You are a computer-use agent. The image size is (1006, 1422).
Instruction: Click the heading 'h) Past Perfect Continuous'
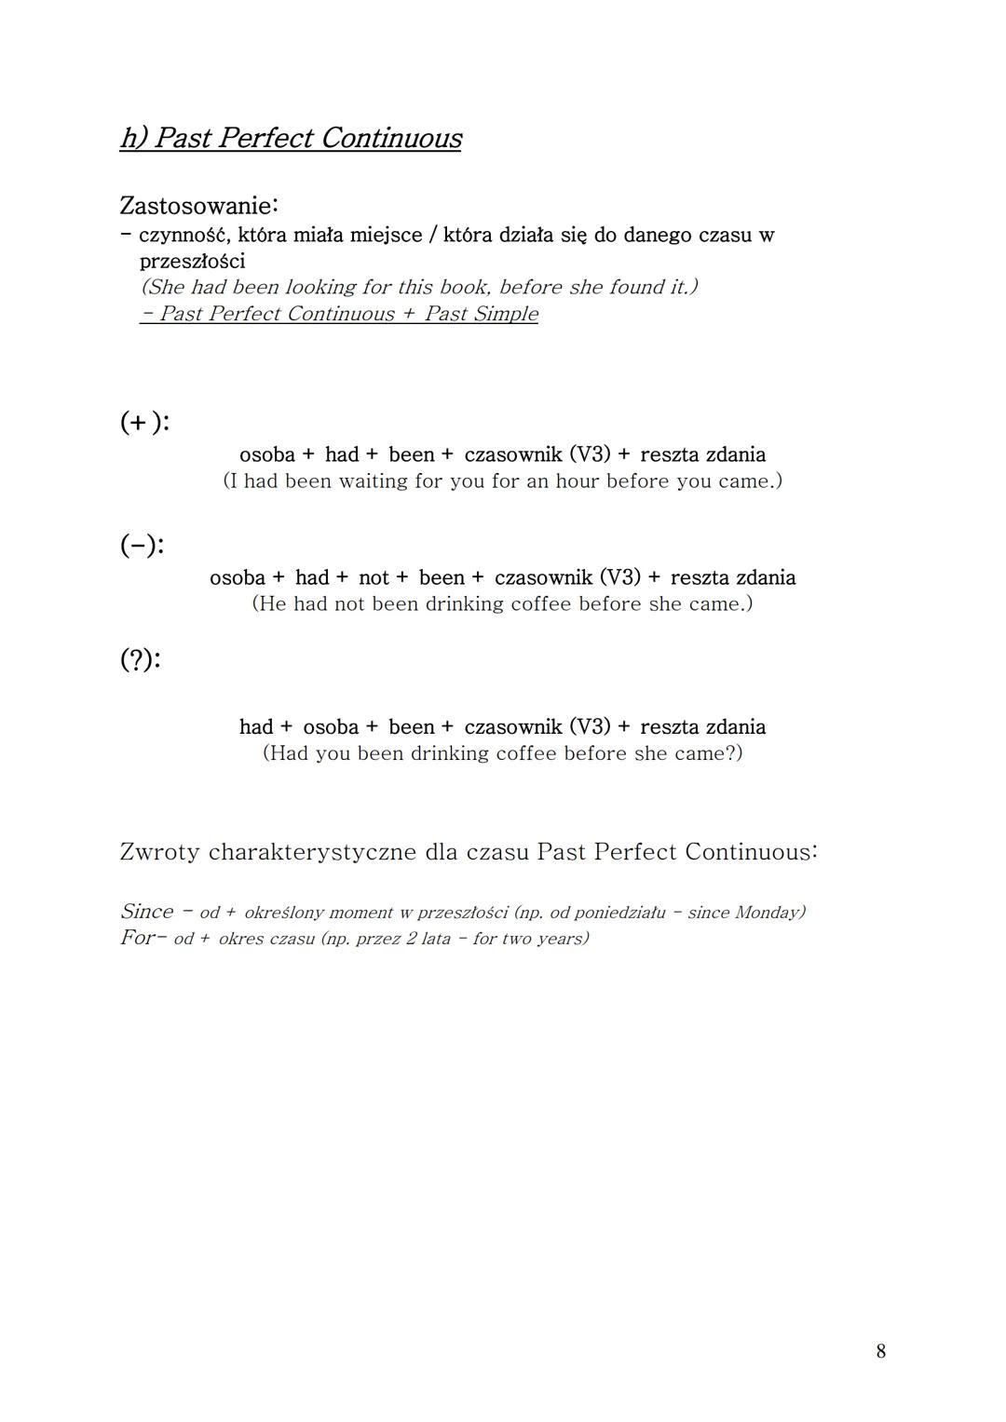click(x=291, y=138)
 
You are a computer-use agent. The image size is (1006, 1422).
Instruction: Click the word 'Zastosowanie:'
click(x=198, y=205)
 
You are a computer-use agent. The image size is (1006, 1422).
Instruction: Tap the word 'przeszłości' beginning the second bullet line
click(x=192, y=261)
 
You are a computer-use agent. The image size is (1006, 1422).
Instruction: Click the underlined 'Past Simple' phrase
click(x=481, y=314)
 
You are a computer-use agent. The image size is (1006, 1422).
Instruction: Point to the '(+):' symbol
click(x=144, y=422)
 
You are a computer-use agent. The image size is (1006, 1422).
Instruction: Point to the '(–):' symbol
click(x=142, y=545)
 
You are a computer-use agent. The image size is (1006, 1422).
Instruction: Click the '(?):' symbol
click(x=140, y=659)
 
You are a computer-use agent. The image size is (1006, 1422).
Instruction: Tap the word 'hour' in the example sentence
click(x=578, y=481)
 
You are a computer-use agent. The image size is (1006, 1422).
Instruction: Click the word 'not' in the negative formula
click(x=374, y=577)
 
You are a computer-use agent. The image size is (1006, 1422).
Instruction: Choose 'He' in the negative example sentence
click(x=273, y=604)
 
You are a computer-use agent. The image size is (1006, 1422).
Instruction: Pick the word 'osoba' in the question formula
click(x=331, y=727)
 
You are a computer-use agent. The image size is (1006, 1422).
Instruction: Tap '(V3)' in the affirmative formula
click(x=590, y=454)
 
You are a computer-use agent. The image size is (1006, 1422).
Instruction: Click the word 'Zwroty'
click(x=159, y=852)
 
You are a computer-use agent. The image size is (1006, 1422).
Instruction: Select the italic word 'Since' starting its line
click(x=147, y=912)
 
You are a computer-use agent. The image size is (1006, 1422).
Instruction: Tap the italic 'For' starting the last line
click(x=137, y=938)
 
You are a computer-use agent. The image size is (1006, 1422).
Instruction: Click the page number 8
click(x=881, y=1351)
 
